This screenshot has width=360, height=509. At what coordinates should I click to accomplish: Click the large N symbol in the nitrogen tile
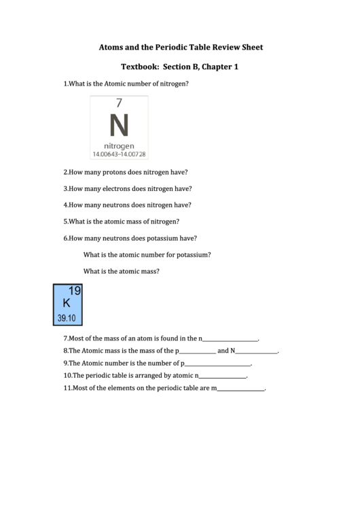point(119,126)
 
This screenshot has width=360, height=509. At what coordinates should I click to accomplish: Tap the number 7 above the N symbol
point(119,103)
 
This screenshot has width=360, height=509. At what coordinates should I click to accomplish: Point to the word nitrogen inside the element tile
point(119,146)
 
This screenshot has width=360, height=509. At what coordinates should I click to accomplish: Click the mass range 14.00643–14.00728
point(120,154)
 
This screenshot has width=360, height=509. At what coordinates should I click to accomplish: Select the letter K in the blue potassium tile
point(67,303)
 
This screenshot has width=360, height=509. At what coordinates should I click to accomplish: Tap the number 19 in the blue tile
point(75,292)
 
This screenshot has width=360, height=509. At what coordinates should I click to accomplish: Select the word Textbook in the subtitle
point(140,67)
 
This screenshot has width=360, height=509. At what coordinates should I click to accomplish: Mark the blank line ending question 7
point(230,339)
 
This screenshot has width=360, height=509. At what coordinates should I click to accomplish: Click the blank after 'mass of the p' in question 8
point(197,352)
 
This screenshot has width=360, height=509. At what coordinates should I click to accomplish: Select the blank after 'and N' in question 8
point(256,352)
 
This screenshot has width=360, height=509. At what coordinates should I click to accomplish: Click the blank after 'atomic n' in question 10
point(222,377)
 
